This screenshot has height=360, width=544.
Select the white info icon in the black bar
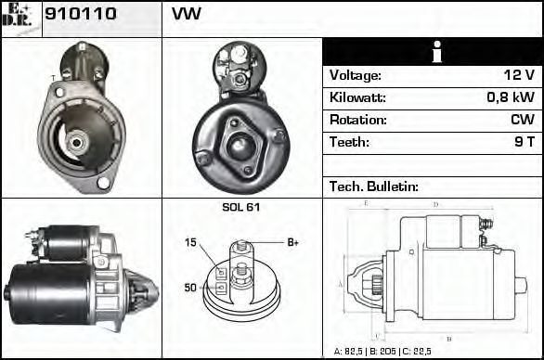pos(432,52)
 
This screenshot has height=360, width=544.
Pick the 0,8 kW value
pos(512,97)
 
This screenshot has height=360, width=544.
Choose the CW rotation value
pos(522,120)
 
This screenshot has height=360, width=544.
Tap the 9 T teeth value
pos(524,142)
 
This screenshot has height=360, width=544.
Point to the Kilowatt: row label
pos(357,97)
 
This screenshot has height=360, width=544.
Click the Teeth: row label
pos(349,142)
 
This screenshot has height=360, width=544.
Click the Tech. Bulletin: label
pos(374,186)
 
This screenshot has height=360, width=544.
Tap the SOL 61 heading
pos(241,207)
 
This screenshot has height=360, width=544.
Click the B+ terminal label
pos(292,243)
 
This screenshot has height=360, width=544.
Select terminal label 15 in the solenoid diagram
pos(191,243)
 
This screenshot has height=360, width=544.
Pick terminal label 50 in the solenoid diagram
pos(190,288)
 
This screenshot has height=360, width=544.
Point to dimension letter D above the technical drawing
pos(434,205)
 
